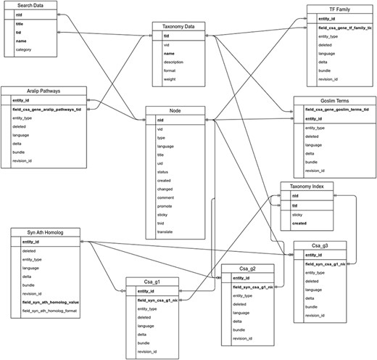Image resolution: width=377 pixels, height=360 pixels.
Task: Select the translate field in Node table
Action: coord(165,232)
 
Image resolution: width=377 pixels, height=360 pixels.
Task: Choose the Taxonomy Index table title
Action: coord(307,186)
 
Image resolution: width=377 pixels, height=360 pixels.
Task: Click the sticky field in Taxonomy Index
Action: coord(297,215)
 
